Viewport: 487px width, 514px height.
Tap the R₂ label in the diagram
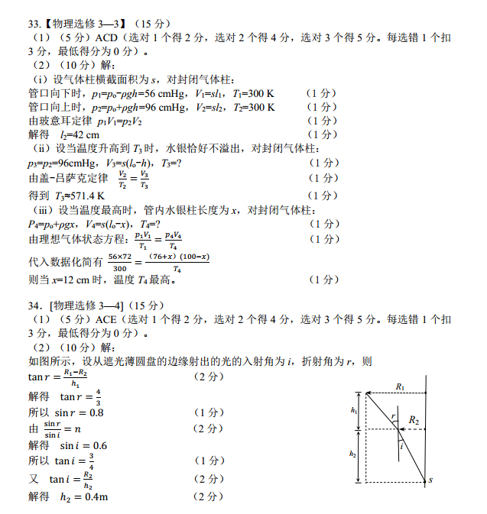414,420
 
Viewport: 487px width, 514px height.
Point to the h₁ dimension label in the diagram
353,411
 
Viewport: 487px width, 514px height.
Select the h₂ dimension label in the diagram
352,454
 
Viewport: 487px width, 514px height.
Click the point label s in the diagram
431,480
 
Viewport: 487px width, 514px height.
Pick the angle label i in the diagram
401,447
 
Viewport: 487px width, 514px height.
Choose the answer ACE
109,318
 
